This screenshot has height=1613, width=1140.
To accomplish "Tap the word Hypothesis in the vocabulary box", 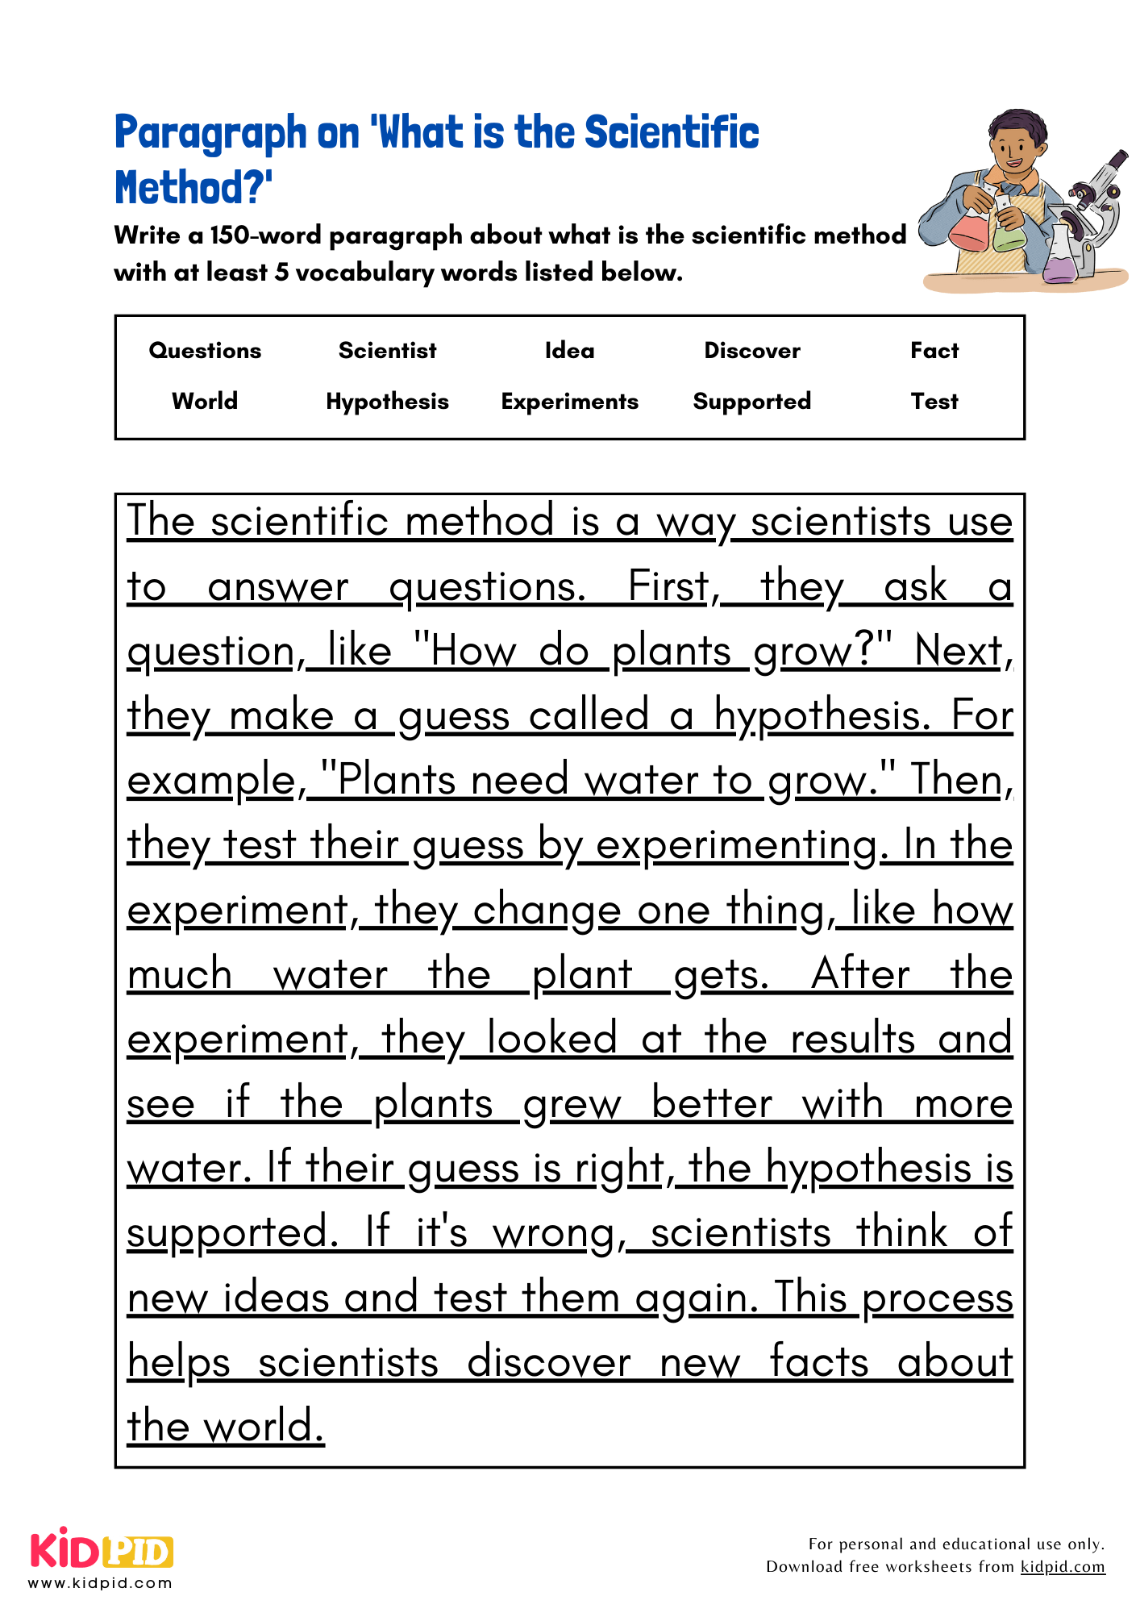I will tap(387, 402).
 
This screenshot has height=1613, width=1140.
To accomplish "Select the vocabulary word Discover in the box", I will tap(752, 351).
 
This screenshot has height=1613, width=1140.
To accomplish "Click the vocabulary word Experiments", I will tap(569, 402).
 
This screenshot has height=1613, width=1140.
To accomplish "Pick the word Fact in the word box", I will tap(934, 351).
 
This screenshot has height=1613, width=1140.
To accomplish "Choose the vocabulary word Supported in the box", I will tap(752, 402).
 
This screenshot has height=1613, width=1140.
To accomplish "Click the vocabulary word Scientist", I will tap(387, 351).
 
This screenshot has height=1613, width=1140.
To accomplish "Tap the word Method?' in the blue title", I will tap(193, 188).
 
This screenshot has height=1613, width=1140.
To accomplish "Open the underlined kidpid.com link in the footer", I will tap(1062, 1567).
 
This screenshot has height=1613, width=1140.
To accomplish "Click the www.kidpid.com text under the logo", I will tap(100, 1583).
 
